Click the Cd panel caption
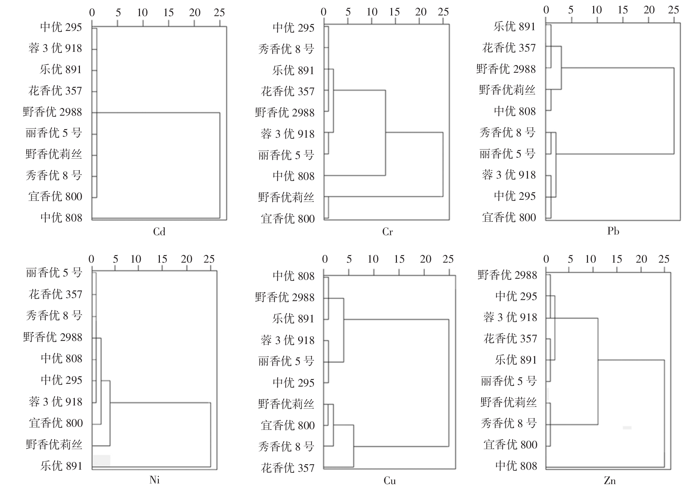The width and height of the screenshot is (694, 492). (x=159, y=232)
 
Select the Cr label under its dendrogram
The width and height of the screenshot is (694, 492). (x=387, y=232)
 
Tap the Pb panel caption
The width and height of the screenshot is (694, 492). (x=613, y=231)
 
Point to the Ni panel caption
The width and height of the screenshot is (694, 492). (x=155, y=480)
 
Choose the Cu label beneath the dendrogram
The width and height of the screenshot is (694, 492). (x=390, y=480)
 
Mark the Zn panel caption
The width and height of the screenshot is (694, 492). (x=610, y=480)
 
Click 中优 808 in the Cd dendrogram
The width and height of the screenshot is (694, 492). (x=61, y=218)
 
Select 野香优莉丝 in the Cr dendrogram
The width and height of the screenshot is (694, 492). (x=286, y=197)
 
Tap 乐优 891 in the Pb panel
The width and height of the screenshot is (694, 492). (x=515, y=26)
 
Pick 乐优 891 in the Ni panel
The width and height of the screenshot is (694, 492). (x=61, y=466)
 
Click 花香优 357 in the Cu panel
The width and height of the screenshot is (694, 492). (x=288, y=468)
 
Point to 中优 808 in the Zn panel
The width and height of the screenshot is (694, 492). (x=516, y=466)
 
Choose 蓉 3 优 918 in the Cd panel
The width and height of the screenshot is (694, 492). (x=55, y=48)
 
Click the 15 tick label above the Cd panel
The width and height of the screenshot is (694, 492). (x=168, y=13)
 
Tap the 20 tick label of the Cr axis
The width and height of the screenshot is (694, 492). (x=421, y=12)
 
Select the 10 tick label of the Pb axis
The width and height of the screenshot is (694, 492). (x=597, y=10)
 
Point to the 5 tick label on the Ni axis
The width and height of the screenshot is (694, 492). (x=116, y=259)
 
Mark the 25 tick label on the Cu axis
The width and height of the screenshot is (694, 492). (x=448, y=259)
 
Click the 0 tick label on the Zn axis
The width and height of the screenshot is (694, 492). (x=546, y=259)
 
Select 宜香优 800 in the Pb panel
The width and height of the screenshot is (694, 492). (x=509, y=217)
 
